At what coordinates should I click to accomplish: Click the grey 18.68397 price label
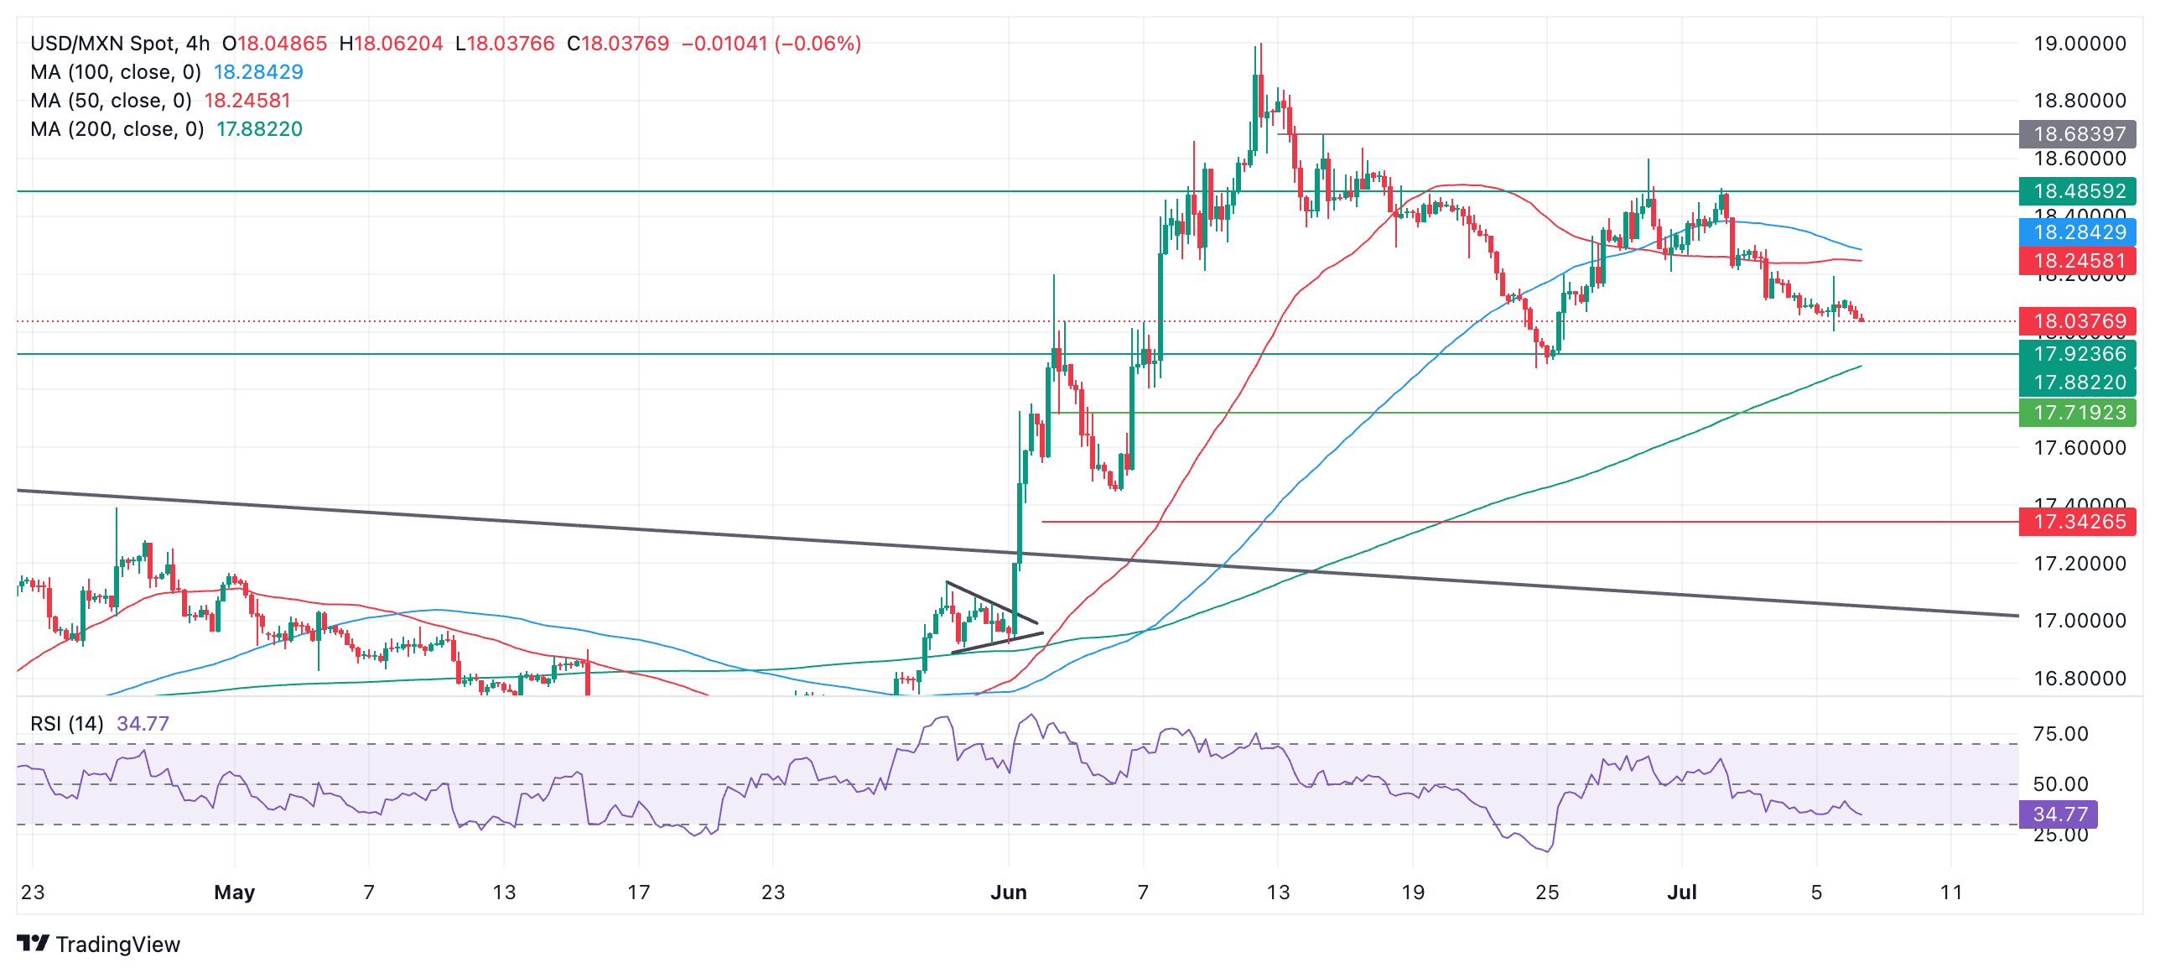2077,134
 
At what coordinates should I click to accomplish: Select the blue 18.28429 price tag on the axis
2077,232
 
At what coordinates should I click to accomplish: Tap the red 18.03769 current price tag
2077,321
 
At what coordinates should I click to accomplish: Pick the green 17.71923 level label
2077,413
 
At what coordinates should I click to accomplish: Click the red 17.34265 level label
2077,522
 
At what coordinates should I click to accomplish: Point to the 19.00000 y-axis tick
2080,44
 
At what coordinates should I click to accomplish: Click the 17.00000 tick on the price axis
2080,621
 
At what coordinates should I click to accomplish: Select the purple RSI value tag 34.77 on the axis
2059,814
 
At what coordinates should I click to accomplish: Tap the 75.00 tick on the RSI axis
2060,734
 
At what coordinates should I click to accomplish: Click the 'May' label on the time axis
234,892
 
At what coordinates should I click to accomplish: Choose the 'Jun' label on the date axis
1008,892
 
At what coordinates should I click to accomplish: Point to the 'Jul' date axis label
1681,892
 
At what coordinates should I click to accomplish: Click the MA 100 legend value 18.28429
258,72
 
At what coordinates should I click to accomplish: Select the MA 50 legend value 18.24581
247,101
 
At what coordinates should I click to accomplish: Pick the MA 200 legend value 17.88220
259,129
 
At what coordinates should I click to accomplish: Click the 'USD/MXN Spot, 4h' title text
120,44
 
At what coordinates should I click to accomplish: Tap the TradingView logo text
117,944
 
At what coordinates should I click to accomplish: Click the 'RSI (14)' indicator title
67,724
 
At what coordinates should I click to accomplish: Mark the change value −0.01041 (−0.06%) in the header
771,44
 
